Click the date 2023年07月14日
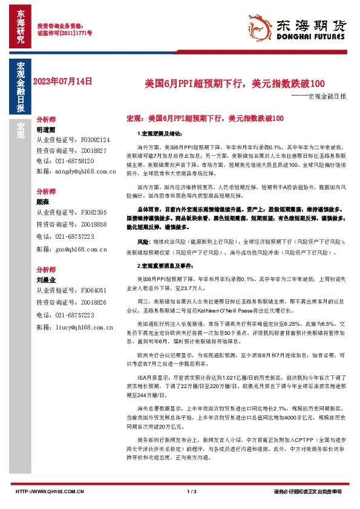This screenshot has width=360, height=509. (x=64, y=80)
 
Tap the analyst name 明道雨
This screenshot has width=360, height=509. (x=46, y=129)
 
